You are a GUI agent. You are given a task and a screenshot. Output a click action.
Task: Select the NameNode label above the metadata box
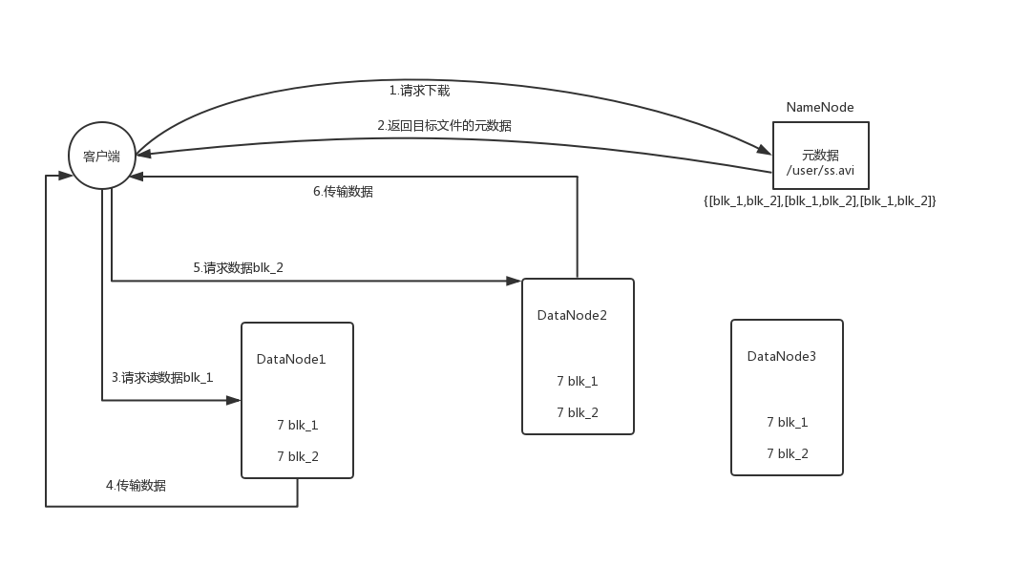(820, 107)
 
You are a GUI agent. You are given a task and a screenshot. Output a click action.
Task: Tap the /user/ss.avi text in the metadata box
(820, 171)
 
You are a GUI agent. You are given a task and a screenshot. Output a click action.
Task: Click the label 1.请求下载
(419, 91)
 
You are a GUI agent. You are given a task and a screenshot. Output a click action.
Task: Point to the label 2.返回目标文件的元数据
(444, 125)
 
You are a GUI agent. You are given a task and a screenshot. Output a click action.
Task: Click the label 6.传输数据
(343, 191)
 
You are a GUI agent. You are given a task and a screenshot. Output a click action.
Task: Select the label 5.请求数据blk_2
(238, 268)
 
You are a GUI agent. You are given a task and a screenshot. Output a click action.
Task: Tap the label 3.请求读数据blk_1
(162, 377)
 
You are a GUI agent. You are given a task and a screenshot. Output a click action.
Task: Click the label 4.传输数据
(136, 485)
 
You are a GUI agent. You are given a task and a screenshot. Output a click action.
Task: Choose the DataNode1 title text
(291, 359)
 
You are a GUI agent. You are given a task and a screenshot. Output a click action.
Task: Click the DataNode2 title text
(572, 315)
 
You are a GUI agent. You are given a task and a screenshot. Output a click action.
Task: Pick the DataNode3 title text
(782, 356)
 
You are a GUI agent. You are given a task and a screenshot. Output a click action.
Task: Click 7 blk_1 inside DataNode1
(298, 425)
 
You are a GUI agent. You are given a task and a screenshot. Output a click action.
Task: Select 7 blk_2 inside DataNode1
(298, 456)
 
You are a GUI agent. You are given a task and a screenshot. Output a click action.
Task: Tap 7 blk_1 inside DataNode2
(578, 381)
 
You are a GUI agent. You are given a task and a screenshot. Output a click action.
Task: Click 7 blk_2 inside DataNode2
(578, 412)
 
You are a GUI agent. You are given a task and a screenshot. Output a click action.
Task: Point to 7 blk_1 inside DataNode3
(788, 422)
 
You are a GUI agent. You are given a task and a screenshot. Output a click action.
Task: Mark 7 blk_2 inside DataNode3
(788, 453)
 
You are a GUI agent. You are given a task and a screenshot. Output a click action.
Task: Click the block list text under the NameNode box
(820, 200)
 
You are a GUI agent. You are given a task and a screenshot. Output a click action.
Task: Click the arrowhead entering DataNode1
(234, 401)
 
